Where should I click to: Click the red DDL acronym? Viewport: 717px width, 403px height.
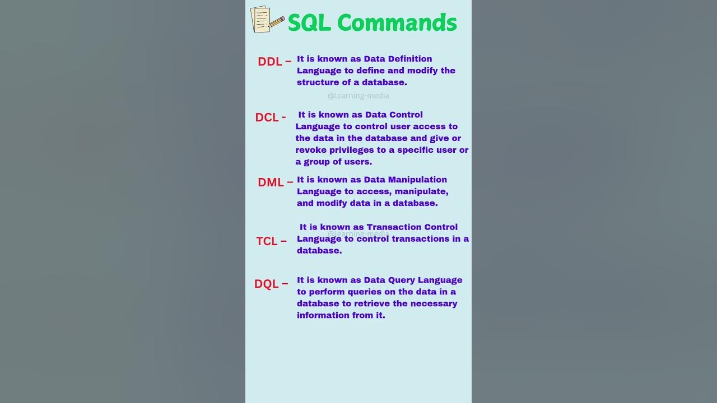270,62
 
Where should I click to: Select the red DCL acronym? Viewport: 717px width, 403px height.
267,118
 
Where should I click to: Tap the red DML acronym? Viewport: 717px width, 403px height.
271,182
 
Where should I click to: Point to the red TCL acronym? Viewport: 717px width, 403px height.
267,241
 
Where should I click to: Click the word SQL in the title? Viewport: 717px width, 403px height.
309,23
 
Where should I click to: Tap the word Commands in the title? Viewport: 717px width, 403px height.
397,23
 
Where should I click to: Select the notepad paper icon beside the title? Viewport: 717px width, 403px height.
260,19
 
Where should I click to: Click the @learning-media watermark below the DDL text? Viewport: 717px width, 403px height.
358,96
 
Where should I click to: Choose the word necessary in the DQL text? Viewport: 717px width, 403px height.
434,303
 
